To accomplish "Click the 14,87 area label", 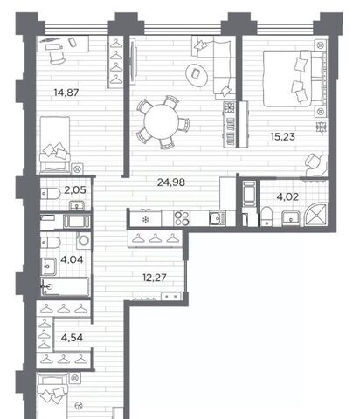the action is coord(66,93).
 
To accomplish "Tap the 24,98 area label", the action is coord(171,182).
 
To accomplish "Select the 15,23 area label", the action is coord(283,136).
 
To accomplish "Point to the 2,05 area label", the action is coord(75,190).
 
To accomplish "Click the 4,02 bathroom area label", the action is coord(287,197).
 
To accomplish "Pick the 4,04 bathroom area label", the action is coord(72,259).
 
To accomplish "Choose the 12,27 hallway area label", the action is coord(155,278).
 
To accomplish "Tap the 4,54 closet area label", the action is coord(72,338).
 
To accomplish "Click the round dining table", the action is coord(161,122).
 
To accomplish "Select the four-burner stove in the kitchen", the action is coord(182,218).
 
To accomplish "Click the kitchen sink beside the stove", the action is coord(217,219).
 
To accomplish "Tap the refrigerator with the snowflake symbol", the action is coord(145,218).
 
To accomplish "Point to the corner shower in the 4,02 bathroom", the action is coord(316,215).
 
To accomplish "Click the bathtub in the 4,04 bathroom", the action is coord(65,287).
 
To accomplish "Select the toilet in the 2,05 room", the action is coord(51,192).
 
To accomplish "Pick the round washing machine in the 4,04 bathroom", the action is coord(84,241).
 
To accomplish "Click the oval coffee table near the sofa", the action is coord(197,74).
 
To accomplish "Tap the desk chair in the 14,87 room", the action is coord(56,57).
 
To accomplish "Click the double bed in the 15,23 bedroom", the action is coord(294,79).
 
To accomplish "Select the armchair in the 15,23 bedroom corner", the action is coord(316,165).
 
